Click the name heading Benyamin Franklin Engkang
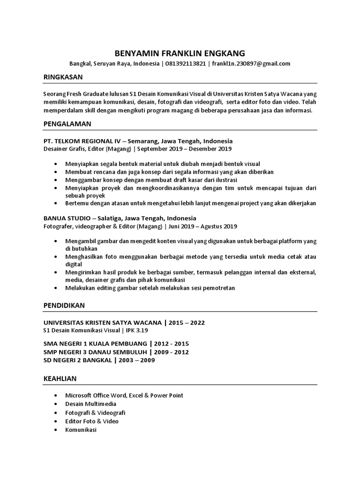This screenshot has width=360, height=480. [180, 53]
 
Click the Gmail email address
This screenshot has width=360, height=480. [251, 64]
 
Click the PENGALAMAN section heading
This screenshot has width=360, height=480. [67, 124]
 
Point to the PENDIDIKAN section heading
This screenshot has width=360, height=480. [64, 305]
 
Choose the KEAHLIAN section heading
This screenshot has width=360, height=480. [60, 378]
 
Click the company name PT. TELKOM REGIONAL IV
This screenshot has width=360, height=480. [82, 141]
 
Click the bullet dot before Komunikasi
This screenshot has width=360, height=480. [56, 429]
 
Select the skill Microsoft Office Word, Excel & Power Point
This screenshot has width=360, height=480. [124, 395]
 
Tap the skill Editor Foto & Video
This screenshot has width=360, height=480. [92, 421]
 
